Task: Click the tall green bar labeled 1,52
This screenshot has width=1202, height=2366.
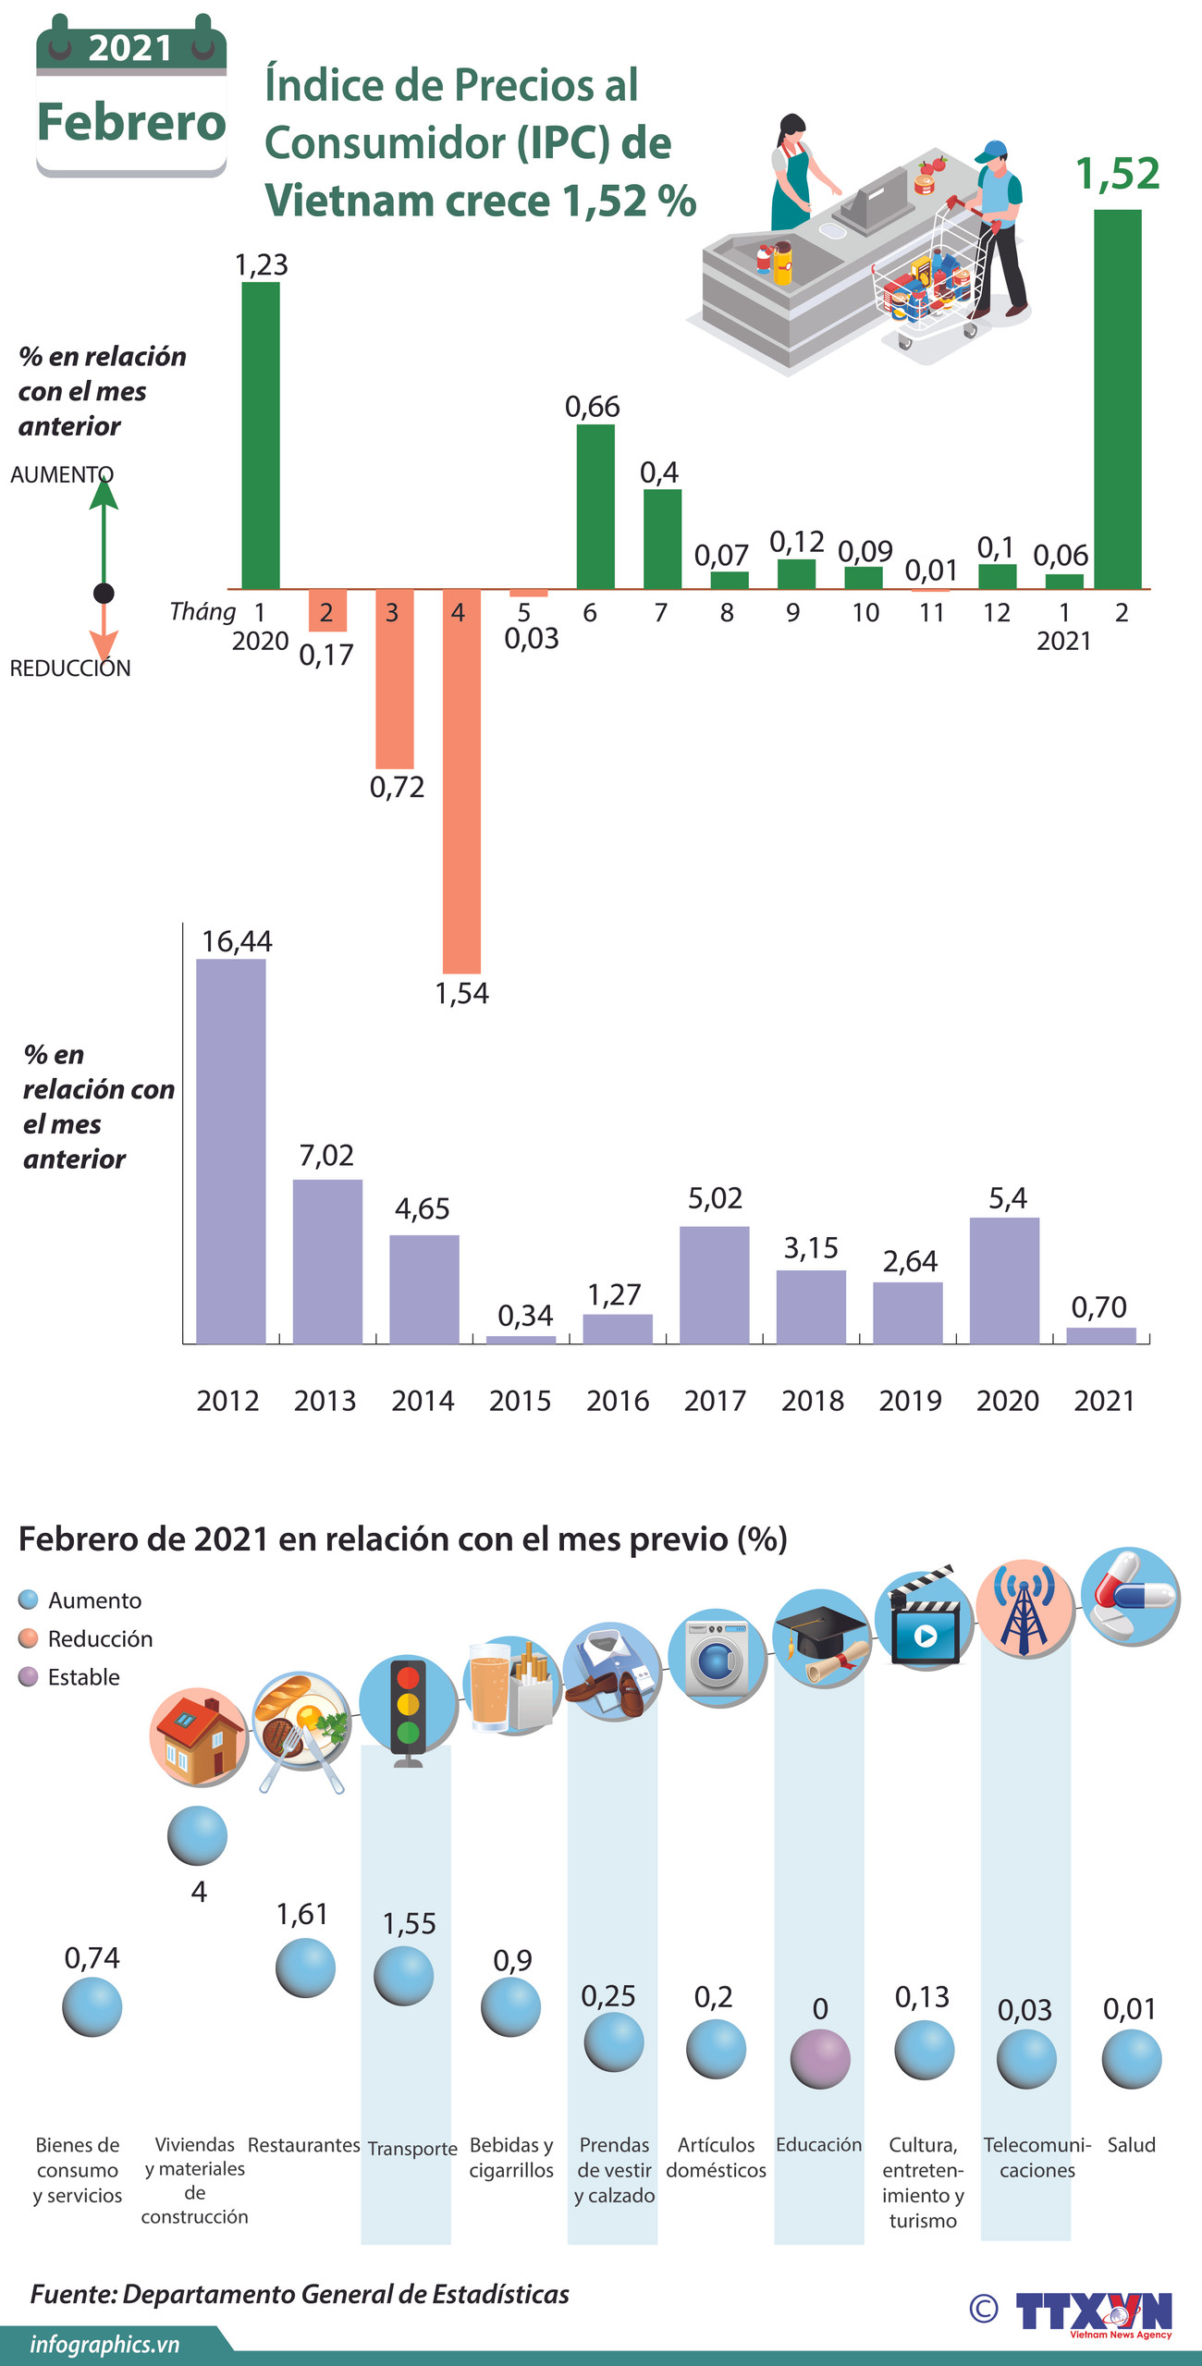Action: (1117, 398)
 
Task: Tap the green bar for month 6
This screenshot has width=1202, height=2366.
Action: (595, 507)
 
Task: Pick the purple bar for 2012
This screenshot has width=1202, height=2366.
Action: (230, 1150)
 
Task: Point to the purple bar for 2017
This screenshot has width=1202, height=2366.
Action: (714, 1284)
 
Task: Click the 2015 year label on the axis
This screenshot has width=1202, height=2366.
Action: (520, 1401)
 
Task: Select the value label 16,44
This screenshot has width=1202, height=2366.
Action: (237, 941)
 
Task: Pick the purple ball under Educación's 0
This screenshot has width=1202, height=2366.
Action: (820, 2058)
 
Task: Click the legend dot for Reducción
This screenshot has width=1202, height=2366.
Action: (29, 1638)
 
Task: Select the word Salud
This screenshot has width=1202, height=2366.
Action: (1131, 2144)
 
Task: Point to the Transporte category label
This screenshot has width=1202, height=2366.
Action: (412, 2148)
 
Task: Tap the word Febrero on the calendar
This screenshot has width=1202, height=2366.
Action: (131, 122)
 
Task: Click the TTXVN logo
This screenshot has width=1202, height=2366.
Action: (1093, 2311)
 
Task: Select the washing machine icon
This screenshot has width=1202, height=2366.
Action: (717, 1659)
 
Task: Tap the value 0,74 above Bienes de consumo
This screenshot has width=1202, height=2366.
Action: (92, 1957)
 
